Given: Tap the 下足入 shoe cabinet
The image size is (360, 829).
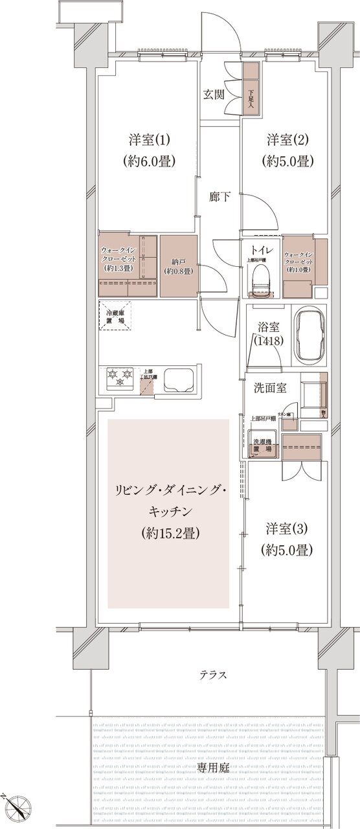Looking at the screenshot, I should tap(251, 88).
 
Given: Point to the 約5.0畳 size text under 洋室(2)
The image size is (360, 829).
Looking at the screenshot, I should tap(289, 161).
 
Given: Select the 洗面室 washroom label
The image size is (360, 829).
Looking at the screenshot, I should tap(271, 388).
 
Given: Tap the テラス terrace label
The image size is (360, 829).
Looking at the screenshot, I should tap(212, 675).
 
